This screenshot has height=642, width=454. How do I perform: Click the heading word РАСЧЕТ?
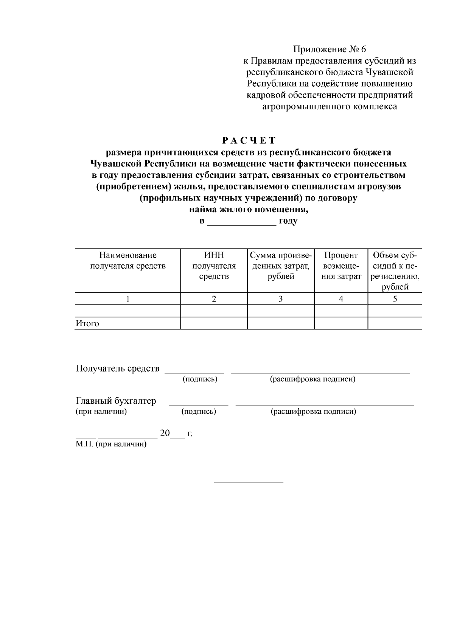point(249,141)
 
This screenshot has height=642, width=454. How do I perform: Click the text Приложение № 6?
point(330,49)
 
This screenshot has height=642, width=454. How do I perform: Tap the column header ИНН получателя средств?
point(214,266)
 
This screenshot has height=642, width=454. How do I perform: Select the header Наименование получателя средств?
point(127,261)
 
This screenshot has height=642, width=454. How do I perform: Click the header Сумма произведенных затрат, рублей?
point(280,266)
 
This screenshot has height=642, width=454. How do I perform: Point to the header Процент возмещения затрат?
point(340,266)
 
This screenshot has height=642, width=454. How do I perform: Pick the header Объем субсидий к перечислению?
point(395,271)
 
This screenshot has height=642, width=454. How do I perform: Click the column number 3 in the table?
point(280,299)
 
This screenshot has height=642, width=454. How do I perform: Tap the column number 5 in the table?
point(395,299)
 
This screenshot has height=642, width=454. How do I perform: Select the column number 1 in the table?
point(127,299)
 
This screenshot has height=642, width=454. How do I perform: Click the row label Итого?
point(87,323)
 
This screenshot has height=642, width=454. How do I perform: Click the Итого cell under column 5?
point(395,323)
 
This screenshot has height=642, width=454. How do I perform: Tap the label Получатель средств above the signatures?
point(118,368)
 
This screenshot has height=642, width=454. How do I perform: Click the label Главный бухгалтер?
point(116,401)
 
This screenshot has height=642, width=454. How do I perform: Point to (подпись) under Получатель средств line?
point(200,379)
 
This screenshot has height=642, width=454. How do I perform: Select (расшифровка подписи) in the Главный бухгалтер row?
point(313,412)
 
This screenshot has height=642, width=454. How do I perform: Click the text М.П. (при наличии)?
point(111,444)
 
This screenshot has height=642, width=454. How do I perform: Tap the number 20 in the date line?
point(165,433)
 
